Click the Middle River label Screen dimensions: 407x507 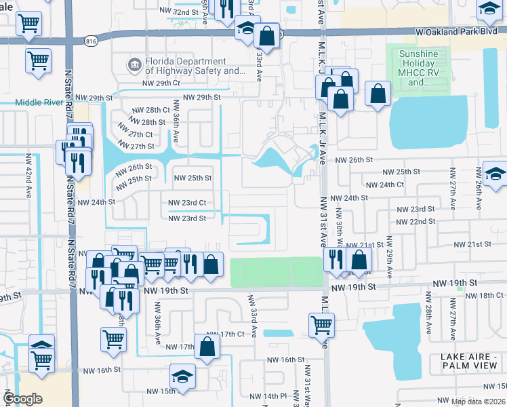pos(39,102)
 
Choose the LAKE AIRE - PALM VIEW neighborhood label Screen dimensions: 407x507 pos(472,361)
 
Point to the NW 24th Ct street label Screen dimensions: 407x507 pos(384,185)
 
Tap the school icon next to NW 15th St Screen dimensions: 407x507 pos(182,377)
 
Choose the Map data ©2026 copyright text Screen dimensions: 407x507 pos(478,402)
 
